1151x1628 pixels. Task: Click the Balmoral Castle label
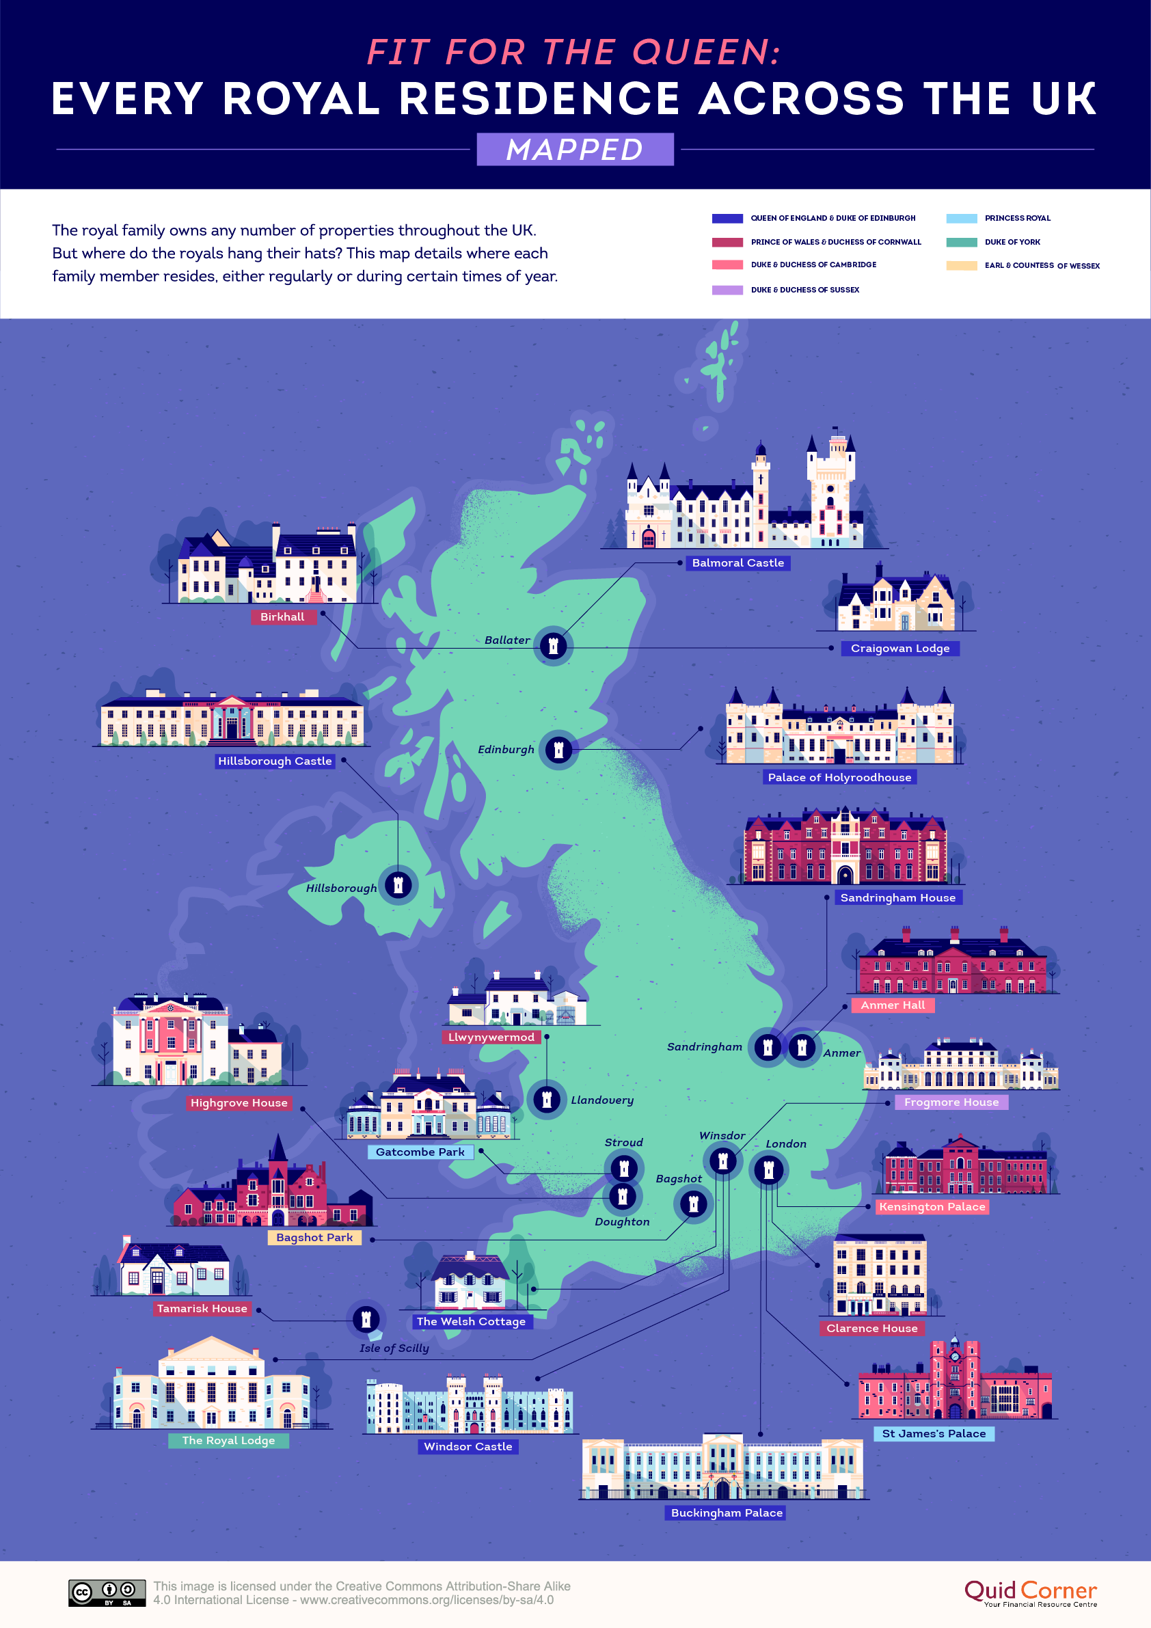coord(737,563)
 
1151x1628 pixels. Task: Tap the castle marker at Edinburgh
coord(558,750)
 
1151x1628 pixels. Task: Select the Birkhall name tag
coord(282,617)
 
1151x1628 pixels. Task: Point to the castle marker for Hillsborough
coord(398,885)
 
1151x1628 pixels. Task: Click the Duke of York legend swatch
coord(961,243)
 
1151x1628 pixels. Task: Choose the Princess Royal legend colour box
coord(961,219)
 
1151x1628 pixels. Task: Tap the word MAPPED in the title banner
coord(574,150)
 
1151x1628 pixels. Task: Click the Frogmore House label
coord(950,1102)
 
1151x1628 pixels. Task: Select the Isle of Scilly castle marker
coord(366,1319)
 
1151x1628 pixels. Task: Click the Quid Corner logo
coord(1030,1592)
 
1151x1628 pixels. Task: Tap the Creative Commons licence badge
coord(107,1592)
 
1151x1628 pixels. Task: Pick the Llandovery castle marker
coord(547,1099)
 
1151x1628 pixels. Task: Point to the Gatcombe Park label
coord(420,1152)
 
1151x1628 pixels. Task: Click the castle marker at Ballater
coord(553,646)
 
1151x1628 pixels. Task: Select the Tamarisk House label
coord(202,1308)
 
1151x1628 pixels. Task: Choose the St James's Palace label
coord(933,1433)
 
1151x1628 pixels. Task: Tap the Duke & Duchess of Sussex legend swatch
coord(727,290)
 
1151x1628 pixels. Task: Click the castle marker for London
coord(768,1170)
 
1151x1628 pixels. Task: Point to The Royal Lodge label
coord(228,1440)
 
